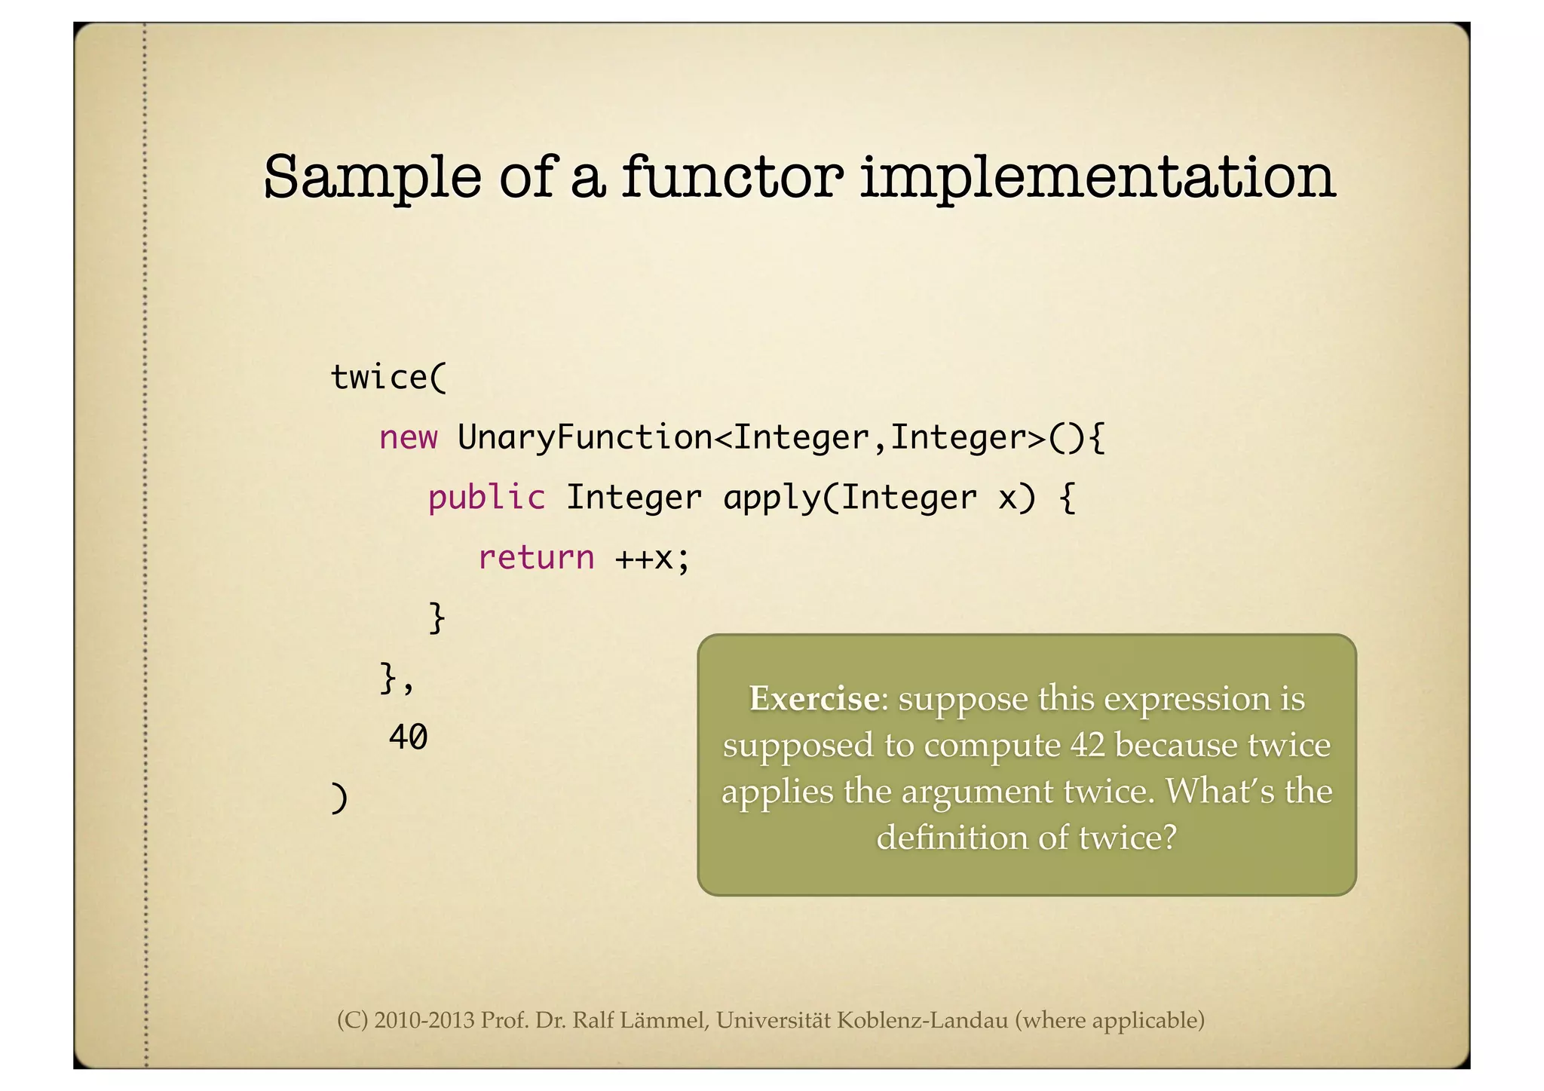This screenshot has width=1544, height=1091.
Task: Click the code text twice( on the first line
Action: [x=389, y=378]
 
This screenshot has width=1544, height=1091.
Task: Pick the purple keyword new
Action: [x=408, y=438]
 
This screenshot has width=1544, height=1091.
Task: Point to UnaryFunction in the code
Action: [x=584, y=438]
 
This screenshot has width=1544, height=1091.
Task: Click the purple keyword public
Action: [x=486, y=498]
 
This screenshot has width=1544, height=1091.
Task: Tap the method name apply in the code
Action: [x=772, y=498]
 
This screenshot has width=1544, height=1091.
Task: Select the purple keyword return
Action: [x=536, y=559]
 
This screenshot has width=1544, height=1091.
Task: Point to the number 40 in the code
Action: [x=408, y=737]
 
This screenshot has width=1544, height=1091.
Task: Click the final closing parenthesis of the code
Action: [x=339, y=798]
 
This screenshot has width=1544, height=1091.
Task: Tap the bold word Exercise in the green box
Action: [x=813, y=699]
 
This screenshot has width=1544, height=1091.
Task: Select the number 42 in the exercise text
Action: [x=1087, y=746]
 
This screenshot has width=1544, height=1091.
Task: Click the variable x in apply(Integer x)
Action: [x=1006, y=498]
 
